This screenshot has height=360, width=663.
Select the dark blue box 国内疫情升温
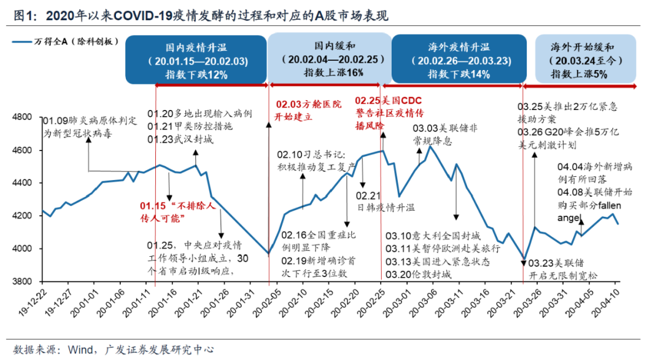click(x=196, y=59)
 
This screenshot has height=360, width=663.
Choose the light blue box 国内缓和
click(x=330, y=59)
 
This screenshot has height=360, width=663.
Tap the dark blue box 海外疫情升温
click(x=459, y=59)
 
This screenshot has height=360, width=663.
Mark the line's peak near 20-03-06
click(x=430, y=146)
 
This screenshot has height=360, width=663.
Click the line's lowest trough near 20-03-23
click(x=524, y=259)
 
